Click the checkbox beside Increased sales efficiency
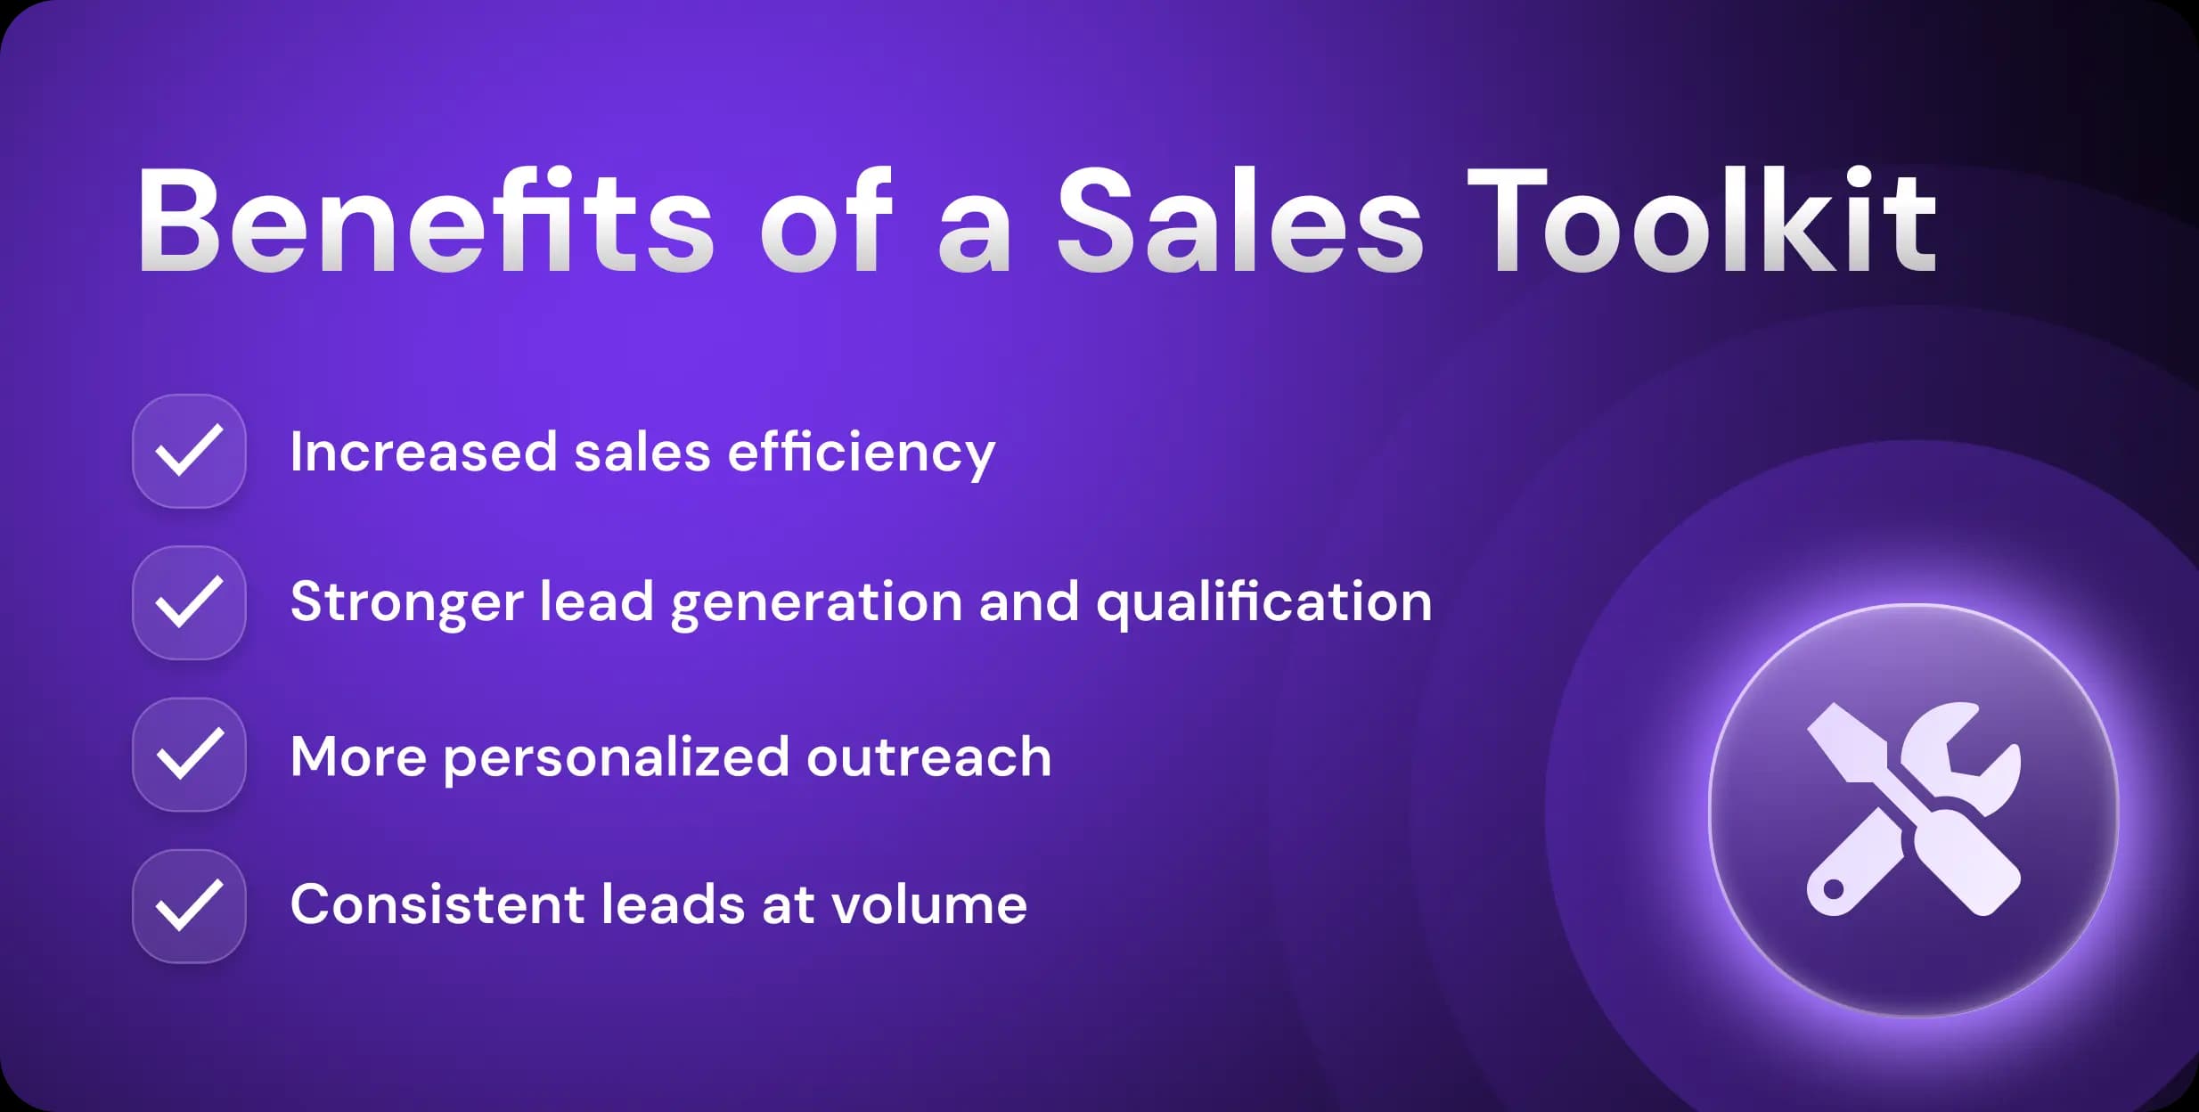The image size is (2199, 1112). click(x=189, y=451)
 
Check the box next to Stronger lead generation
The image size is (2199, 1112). click(x=189, y=602)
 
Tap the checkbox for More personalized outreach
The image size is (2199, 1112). click(x=189, y=755)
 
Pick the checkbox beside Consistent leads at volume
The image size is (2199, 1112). click(x=189, y=906)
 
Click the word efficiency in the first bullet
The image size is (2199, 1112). click(x=861, y=453)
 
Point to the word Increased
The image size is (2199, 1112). click(x=423, y=452)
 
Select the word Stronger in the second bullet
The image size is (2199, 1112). click(x=406, y=603)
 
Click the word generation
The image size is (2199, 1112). click(x=816, y=603)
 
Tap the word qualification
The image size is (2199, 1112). click(x=1263, y=603)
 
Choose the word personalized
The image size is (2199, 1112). click(x=616, y=758)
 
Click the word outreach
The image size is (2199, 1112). click(x=928, y=756)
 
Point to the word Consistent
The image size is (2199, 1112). click(x=437, y=904)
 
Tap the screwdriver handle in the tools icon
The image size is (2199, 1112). click(x=1969, y=869)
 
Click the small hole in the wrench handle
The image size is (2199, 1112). click(x=1834, y=889)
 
